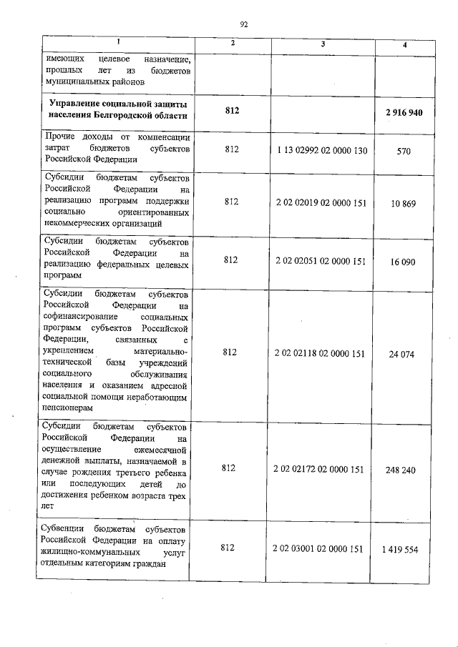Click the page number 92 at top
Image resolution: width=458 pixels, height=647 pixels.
pos(243,24)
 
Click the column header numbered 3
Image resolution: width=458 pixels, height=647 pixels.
pos(323,44)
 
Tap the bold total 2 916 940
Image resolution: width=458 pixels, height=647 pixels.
pos(404,113)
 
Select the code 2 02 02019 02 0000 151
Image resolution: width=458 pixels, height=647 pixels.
pos(321,202)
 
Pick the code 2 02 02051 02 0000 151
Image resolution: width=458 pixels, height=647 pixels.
pos(321,261)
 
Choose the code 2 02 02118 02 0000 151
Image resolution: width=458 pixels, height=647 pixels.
pos(321,352)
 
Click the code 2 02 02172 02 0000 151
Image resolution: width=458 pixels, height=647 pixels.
pos(321,469)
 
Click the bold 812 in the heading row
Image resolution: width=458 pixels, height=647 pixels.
pos(230,111)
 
